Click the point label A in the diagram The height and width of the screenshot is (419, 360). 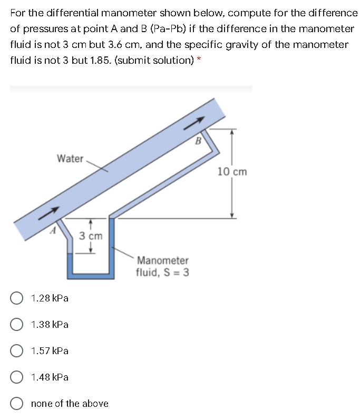[x=52, y=230]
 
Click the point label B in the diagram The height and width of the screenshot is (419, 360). [x=199, y=141]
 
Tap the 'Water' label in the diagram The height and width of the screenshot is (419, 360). [x=70, y=159]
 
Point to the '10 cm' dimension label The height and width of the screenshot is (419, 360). [x=231, y=172]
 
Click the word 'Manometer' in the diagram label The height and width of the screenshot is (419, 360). [x=162, y=260]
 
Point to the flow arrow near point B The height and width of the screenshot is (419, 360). [x=193, y=122]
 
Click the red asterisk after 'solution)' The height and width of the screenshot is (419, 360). [x=198, y=61]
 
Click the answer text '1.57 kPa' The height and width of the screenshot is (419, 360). [x=50, y=351]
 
